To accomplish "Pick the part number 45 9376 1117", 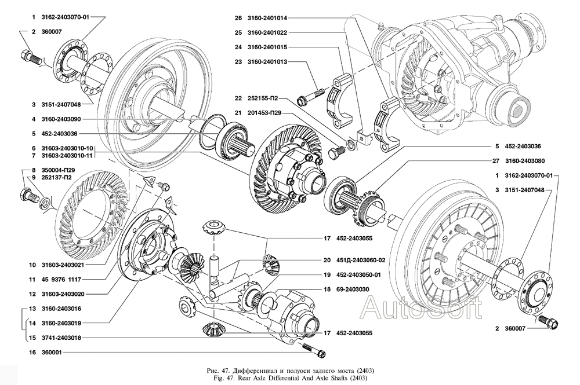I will [66, 279].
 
